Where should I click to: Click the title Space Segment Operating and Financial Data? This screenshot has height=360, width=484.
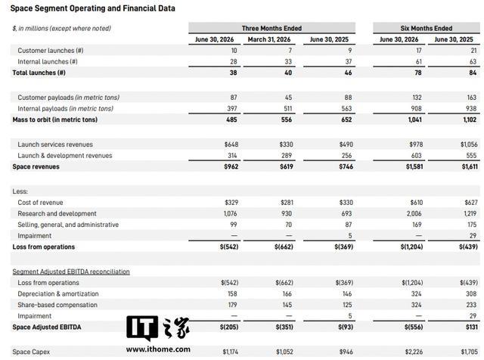[x=92, y=8]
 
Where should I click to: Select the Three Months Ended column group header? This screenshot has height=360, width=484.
[x=271, y=29]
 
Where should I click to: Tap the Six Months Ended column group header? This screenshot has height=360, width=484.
[x=427, y=29]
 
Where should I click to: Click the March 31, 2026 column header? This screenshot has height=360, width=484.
[x=269, y=39]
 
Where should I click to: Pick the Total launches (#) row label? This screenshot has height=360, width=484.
[x=39, y=73]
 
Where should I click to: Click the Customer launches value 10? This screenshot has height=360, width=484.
[x=234, y=51]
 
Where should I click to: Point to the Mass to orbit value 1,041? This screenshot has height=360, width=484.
[x=415, y=119]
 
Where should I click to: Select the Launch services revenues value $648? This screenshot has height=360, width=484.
[x=231, y=144]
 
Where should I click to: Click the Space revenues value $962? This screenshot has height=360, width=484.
[x=231, y=166]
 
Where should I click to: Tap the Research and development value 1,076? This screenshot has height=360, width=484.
[x=231, y=213]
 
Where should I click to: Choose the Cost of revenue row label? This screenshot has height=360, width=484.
[x=40, y=203]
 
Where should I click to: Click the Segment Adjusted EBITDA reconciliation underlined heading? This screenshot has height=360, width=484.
[x=71, y=272]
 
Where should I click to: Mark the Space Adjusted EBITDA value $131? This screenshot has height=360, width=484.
[x=472, y=327]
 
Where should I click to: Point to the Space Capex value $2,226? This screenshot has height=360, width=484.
[x=414, y=352]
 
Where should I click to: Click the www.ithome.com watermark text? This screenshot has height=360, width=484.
[x=158, y=349]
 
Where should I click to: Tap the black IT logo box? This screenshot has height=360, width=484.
[x=142, y=327]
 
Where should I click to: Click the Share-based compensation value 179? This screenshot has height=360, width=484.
[x=232, y=305]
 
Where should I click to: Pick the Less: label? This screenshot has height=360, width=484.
[x=20, y=191]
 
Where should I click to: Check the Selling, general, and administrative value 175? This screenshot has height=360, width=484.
[x=472, y=225]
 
